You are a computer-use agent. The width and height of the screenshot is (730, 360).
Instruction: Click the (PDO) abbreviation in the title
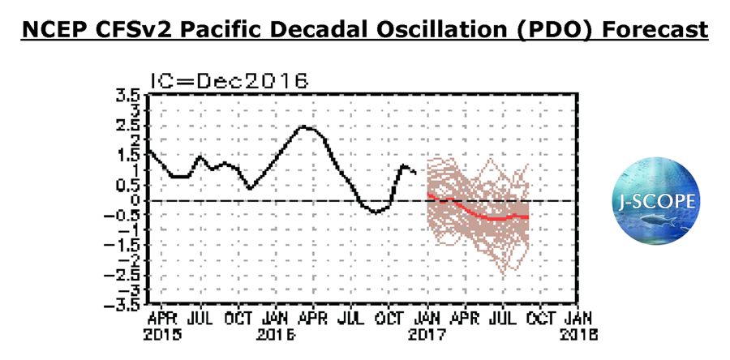pos(567,31)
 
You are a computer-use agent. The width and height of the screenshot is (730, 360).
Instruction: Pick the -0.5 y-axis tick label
pos(125,215)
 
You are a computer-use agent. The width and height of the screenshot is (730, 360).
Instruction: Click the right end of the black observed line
pos(416,172)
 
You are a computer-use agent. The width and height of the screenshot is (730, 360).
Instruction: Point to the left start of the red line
pos(427,195)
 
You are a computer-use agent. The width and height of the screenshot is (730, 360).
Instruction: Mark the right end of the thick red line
pos(528,217)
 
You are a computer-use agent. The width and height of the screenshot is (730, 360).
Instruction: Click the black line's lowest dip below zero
pos(374,213)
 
